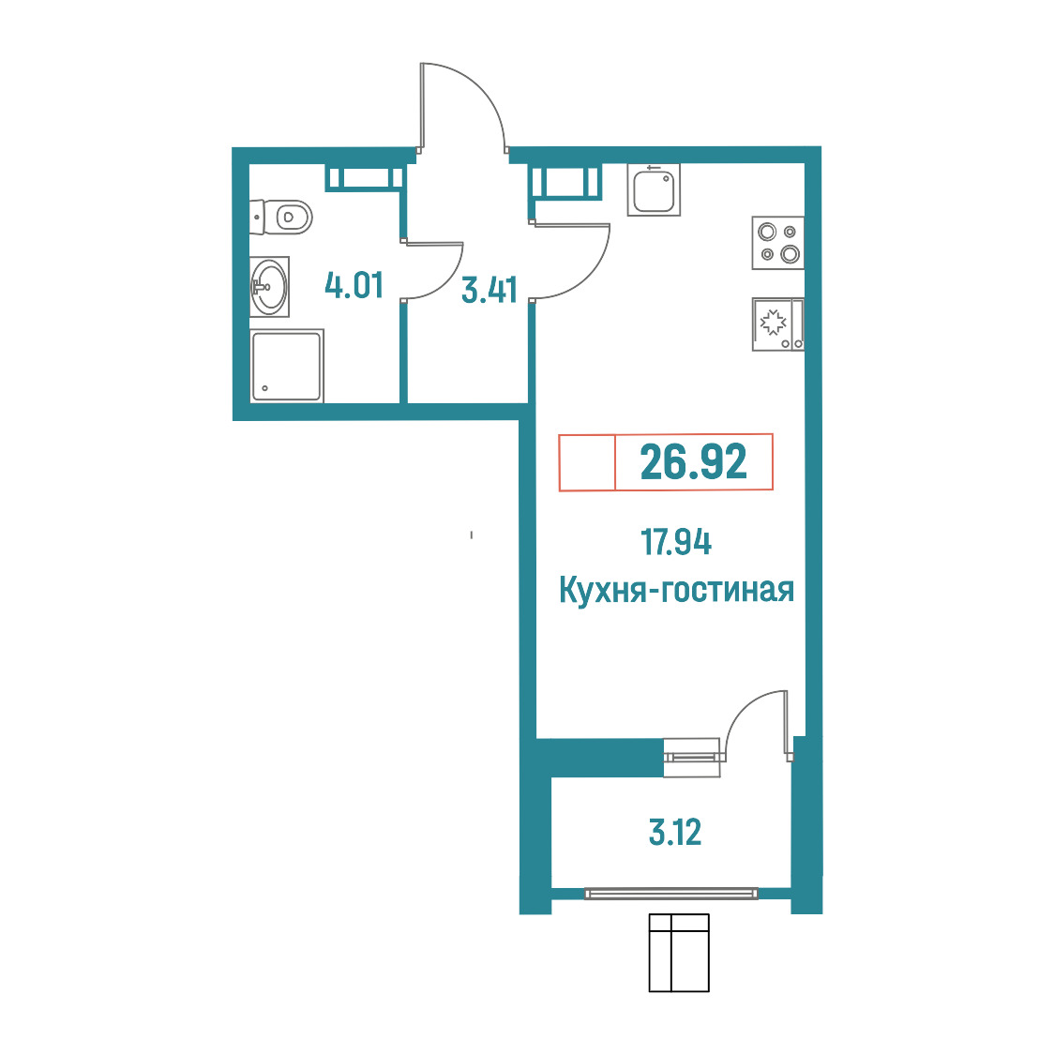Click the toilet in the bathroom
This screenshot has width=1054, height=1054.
(281, 217)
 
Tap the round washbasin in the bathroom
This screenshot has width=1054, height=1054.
(269, 287)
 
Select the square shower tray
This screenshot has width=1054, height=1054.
(286, 366)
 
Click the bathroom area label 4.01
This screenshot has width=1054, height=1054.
(354, 285)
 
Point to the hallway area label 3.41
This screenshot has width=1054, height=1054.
(489, 291)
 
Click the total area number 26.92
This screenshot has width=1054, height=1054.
(693, 461)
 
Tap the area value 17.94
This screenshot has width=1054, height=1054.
(675, 542)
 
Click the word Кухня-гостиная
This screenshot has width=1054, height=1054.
(676, 590)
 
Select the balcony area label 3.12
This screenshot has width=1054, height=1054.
(675, 832)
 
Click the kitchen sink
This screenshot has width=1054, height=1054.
(654, 189)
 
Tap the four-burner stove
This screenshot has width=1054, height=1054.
(777, 243)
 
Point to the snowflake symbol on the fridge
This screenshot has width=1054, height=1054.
(773, 323)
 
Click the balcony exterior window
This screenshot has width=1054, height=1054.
(670, 894)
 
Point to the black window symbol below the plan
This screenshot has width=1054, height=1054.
(679, 953)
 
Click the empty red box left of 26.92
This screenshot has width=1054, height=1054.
(587, 462)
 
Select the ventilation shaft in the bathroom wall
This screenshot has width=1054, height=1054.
(365, 178)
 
